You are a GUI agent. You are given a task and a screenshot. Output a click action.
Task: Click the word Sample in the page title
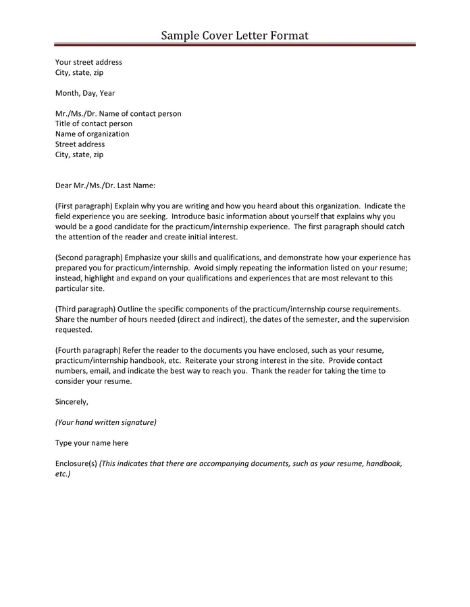click(179, 35)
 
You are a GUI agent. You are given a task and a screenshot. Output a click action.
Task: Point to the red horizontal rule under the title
click(235, 45)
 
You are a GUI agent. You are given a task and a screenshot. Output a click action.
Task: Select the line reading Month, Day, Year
click(85, 93)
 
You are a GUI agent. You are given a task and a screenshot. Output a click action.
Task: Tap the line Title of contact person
click(94, 124)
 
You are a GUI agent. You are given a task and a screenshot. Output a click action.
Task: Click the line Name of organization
click(92, 134)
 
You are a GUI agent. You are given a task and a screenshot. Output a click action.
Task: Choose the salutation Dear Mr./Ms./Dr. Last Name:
click(105, 185)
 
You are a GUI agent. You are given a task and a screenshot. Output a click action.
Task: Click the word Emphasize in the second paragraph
click(143, 258)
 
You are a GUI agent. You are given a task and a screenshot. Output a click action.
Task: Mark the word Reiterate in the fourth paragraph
click(203, 361)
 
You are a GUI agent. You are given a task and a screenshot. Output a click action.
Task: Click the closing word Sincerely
click(72, 402)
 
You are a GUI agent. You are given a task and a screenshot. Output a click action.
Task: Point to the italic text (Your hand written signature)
click(105, 423)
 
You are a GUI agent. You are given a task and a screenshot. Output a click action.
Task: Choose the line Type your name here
click(92, 443)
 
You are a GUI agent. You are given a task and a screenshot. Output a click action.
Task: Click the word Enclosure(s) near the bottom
click(76, 464)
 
